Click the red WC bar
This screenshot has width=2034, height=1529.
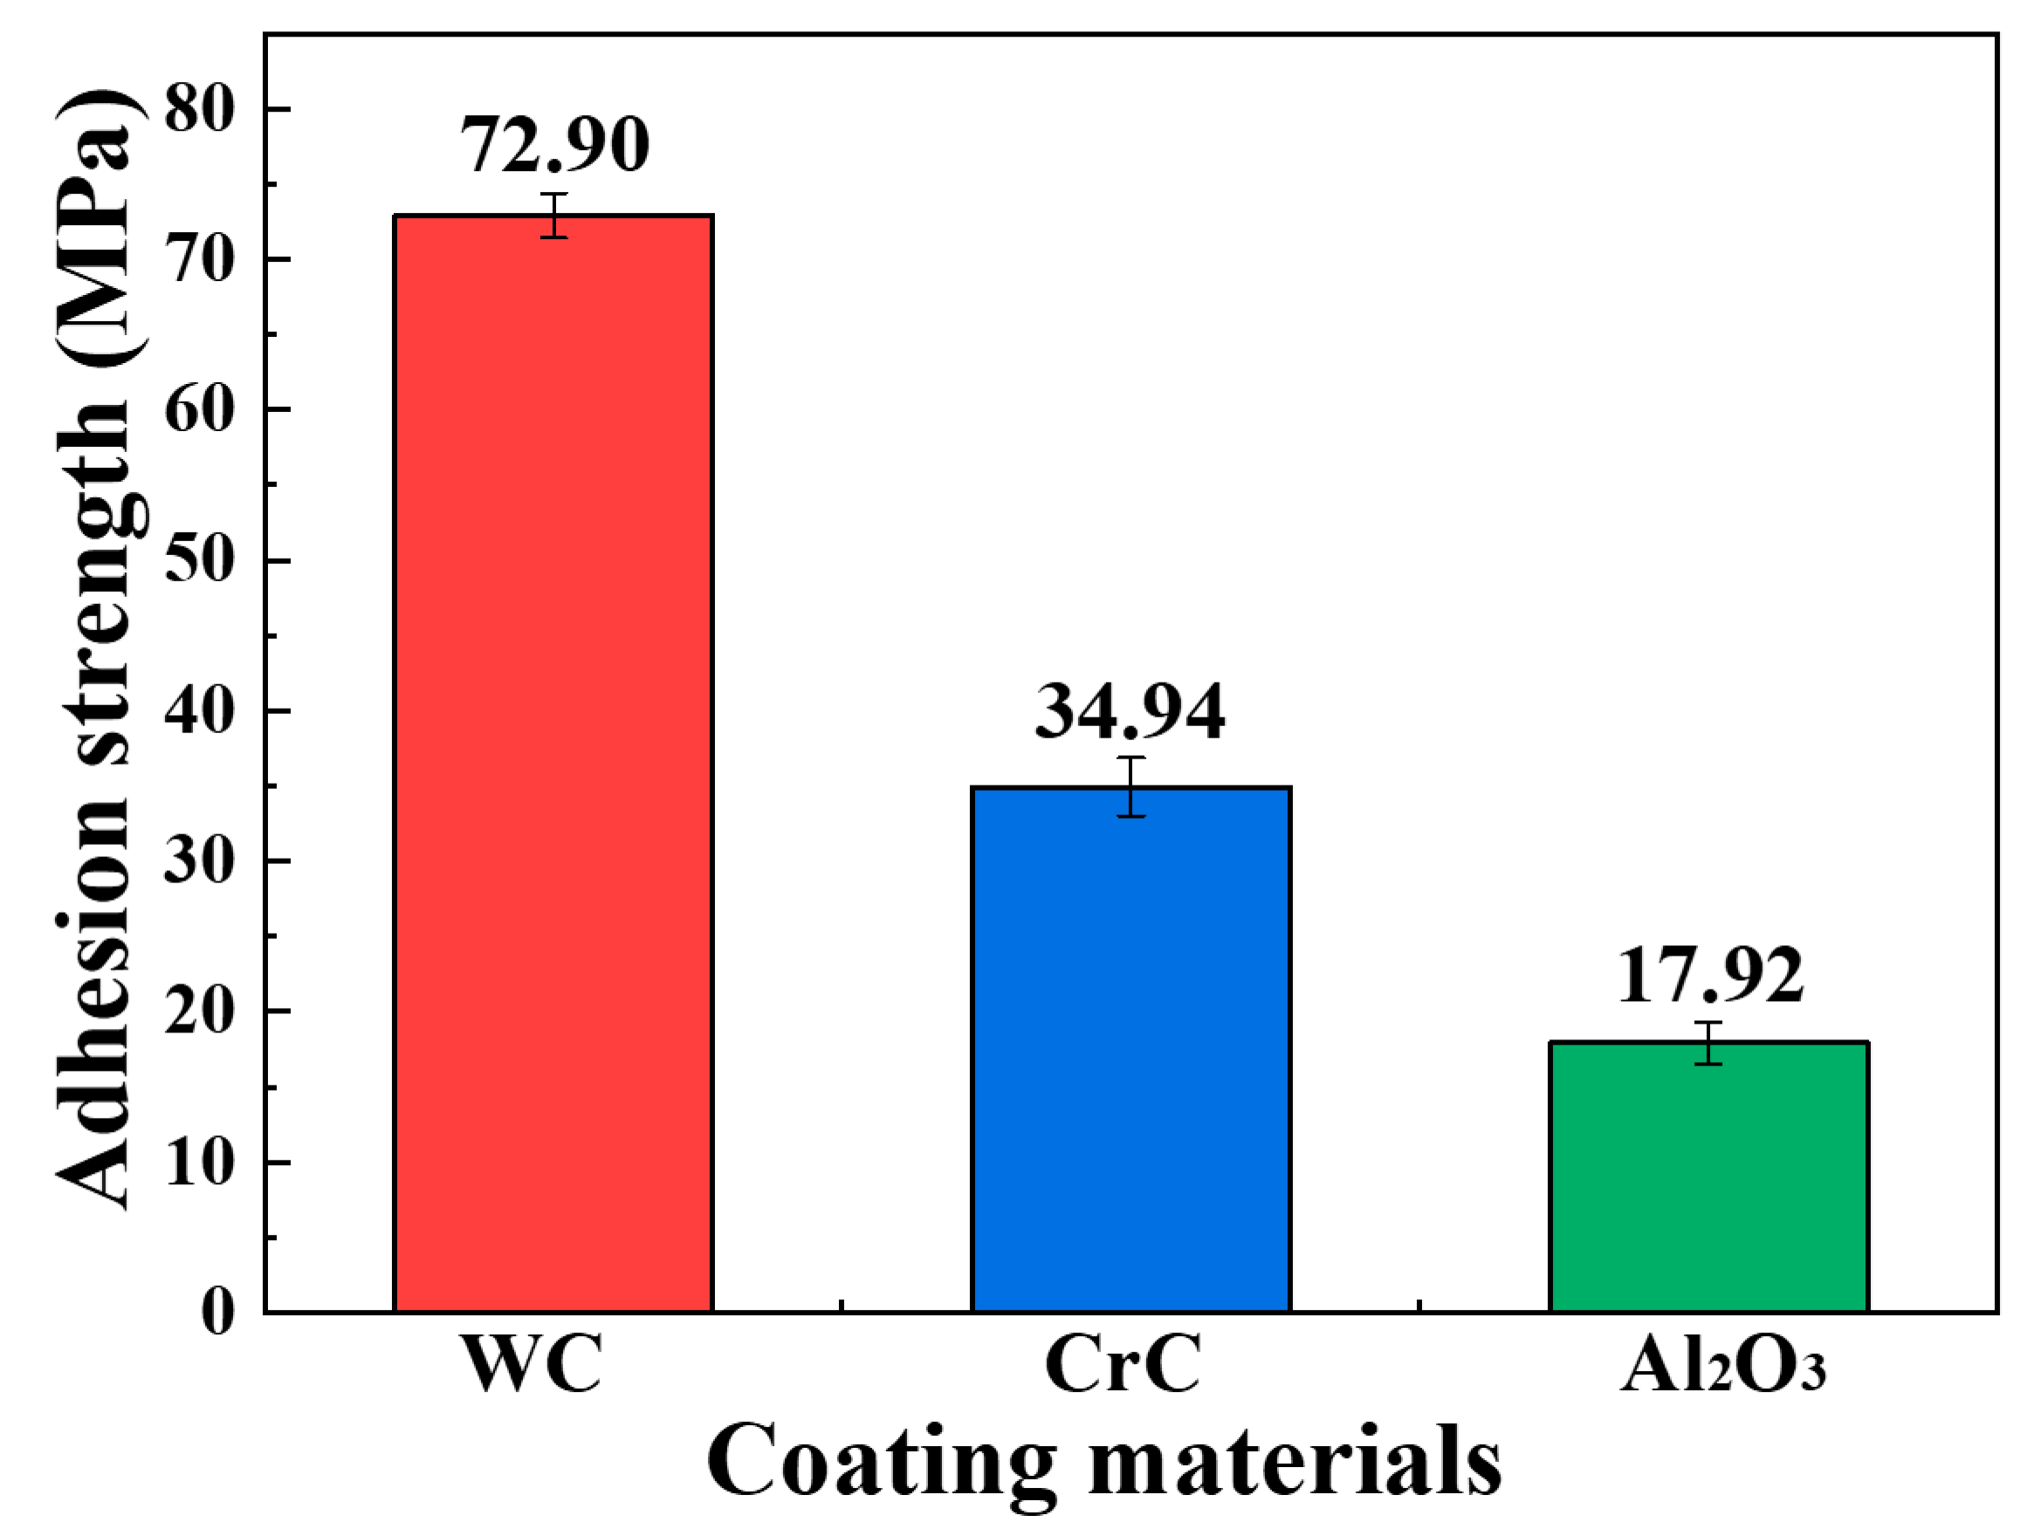click(553, 763)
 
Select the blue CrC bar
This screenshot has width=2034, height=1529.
click(1131, 1048)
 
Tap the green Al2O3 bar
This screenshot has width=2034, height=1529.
click(1708, 1177)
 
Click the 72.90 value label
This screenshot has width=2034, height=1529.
click(553, 145)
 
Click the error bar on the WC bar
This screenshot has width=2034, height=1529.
click(553, 216)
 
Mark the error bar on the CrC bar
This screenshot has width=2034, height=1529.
click(1131, 787)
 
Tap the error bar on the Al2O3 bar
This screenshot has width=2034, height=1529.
click(1708, 1044)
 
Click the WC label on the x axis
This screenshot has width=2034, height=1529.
click(533, 1363)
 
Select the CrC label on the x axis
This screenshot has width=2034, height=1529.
click(1123, 1363)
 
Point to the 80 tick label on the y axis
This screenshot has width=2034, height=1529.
click(201, 110)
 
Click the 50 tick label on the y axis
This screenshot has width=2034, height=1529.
click(201, 560)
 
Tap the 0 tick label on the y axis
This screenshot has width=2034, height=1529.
click(218, 1312)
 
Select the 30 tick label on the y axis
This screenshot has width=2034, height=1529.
click(201, 861)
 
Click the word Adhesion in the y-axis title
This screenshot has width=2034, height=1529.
click(92, 1039)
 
